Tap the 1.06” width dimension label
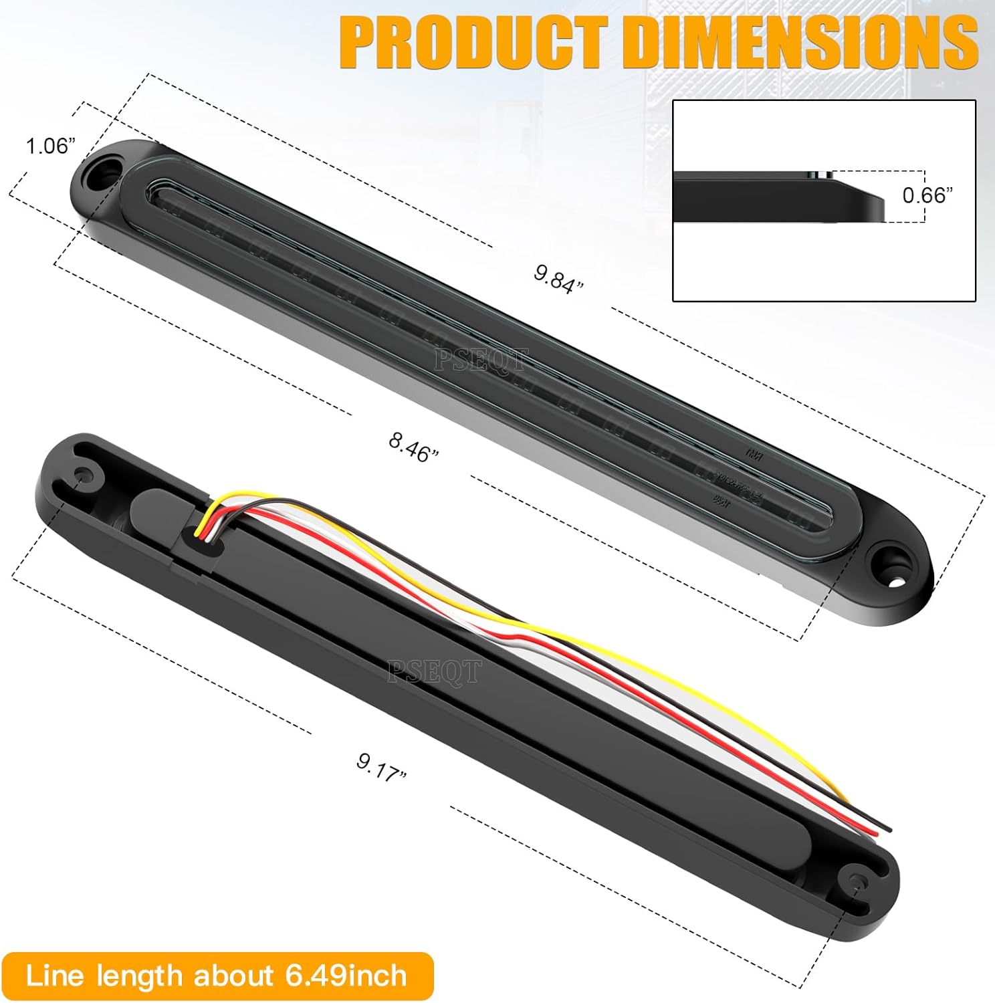pos(50,146)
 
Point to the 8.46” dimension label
pos(414,446)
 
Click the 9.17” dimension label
pos(381,766)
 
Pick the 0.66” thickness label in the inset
pos(927,195)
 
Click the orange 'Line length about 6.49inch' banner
pos(217,976)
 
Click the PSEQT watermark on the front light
pos(480,360)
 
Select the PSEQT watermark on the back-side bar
pos(434,671)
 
